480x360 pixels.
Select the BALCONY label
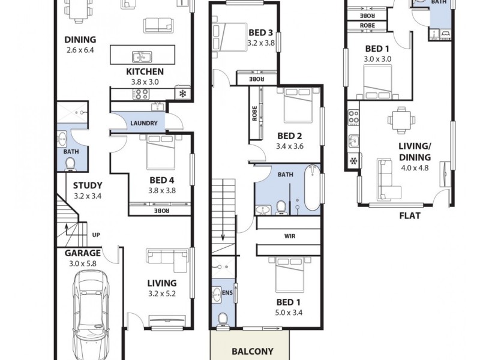[253, 352]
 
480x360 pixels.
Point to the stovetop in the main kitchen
[140, 94]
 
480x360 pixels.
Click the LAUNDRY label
[143, 124]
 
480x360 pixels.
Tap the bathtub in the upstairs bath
[313, 188]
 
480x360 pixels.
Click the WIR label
[290, 236]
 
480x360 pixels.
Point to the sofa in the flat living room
[388, 180]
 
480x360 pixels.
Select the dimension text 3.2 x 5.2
[161, 293]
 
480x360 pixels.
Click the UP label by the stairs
[95, 235]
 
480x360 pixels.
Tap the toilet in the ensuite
[223, 319]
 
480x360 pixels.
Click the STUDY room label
[88, 185]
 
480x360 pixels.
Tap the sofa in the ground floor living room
[167, 260]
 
